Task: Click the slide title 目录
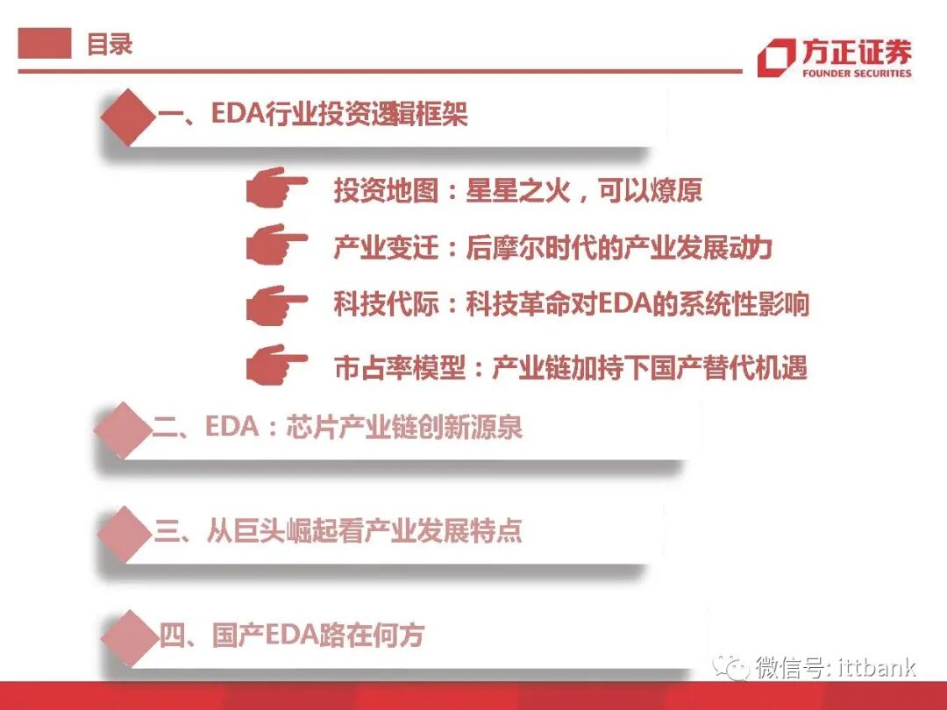point(110,44)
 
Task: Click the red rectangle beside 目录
point(45,44)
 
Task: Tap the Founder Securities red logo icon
point(776,58)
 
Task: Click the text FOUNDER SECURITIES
point(857,74)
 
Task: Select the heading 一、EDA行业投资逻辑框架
point(313,114)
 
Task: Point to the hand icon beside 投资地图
point(275,188)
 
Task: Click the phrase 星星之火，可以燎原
point(584,191)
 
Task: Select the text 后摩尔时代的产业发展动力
point(618,248)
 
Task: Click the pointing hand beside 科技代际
point(275,305)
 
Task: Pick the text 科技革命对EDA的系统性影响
point(637,304)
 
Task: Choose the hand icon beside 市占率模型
point(275,363)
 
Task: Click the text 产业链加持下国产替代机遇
point(649,367)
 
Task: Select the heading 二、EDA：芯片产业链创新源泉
point(338,428)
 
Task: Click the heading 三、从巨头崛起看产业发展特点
point(338,531)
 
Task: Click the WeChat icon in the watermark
point(730,668)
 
